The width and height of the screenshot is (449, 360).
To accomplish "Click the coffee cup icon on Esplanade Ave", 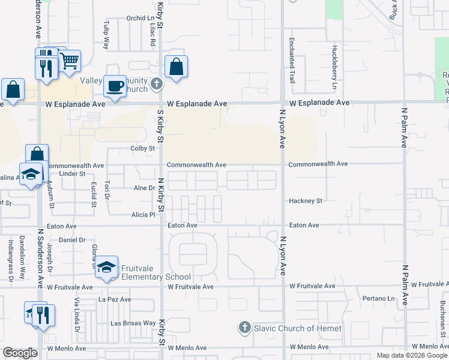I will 115,86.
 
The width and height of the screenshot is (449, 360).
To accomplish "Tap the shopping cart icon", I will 70,60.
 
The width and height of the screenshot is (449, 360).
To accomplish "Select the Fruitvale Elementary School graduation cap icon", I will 106,266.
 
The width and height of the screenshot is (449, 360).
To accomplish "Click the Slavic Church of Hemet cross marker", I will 244,328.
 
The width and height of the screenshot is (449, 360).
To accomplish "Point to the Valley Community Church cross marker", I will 156,83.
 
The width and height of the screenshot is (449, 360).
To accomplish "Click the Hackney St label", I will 306,200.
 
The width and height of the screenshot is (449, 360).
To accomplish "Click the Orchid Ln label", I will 140,19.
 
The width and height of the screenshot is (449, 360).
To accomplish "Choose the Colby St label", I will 143,149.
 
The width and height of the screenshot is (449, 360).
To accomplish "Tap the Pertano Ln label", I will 379,298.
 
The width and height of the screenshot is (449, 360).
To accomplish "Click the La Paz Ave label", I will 115,299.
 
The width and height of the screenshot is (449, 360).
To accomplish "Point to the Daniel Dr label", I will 72,239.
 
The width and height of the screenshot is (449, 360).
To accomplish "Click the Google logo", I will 20,353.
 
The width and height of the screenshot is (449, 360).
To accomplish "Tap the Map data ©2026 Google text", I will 411,355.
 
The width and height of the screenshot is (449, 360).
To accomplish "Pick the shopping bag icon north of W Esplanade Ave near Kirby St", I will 176,68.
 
